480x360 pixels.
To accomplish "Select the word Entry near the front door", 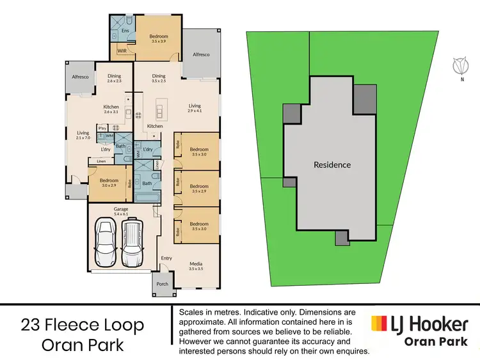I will (x=166, y=258).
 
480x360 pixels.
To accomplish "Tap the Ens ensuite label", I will (x=125, y=30).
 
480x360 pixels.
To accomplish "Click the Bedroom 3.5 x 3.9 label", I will (x=158, y=39).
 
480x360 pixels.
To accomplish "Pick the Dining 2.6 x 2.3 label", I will (x=114, y=79).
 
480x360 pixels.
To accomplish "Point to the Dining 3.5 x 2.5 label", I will (x=158, y=79).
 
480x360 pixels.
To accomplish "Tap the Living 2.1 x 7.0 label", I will (x=83, y=136).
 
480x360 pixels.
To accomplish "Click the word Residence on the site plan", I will (x=332, y=165).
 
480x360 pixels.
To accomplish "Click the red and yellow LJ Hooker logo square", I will (x=380, y=324).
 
